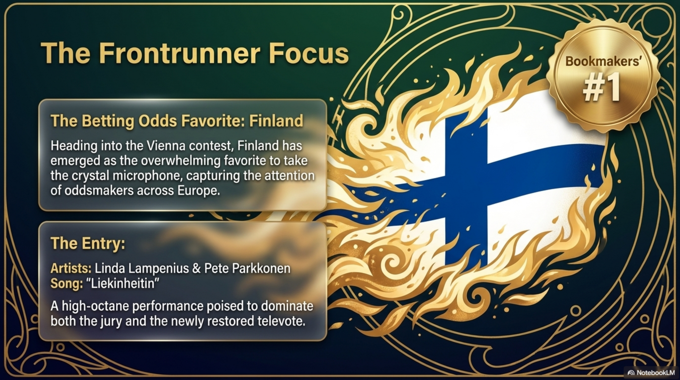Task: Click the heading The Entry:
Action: point(88,243)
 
